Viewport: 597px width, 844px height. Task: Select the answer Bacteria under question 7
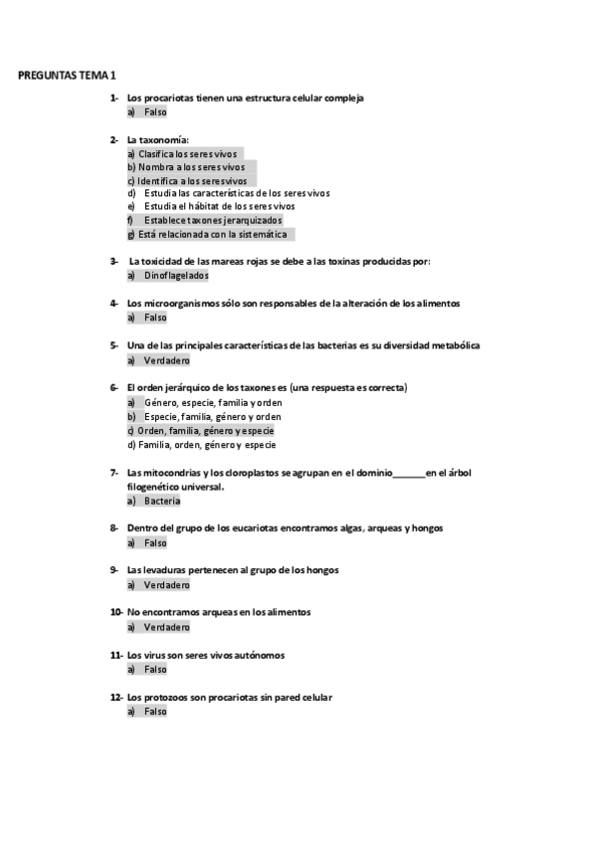[x=162, y=501]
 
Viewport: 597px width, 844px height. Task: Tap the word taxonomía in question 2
[x=164, y=140]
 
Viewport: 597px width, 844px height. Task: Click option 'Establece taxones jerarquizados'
[x=213, y=220]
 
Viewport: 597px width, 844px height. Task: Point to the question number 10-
[x=116, y=612]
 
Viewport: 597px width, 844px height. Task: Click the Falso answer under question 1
[x=155, y=112]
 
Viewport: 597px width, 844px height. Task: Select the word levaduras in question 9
[x=169, y=570]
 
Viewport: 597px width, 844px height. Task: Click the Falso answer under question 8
[x=155, y=543]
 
